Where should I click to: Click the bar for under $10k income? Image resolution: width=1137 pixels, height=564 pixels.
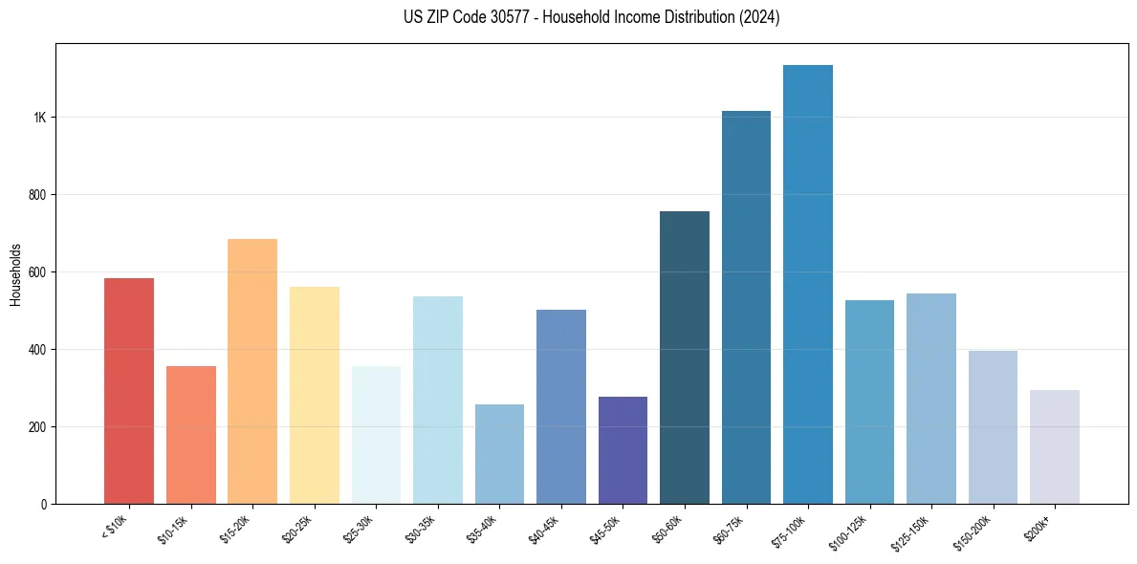pos(128,391)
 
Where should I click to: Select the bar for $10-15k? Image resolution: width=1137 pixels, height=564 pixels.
pos(190,435)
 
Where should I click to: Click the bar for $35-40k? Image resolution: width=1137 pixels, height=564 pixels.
pos(499,454)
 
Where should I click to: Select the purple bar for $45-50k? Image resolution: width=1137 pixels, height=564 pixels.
pos(623,450)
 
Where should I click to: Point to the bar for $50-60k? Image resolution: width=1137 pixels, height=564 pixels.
pos(685,358)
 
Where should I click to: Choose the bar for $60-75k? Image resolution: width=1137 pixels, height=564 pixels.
pos(746,307)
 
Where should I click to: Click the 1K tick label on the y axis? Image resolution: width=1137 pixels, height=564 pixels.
pos(40,118)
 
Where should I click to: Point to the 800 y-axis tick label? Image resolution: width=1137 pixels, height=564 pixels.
pos(37,195)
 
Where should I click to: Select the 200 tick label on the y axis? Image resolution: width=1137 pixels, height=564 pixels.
pos(37,426)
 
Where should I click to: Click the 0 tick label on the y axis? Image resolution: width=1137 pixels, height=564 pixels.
pos(44,504)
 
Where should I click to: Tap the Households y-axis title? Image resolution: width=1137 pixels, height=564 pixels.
pos(15,274)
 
